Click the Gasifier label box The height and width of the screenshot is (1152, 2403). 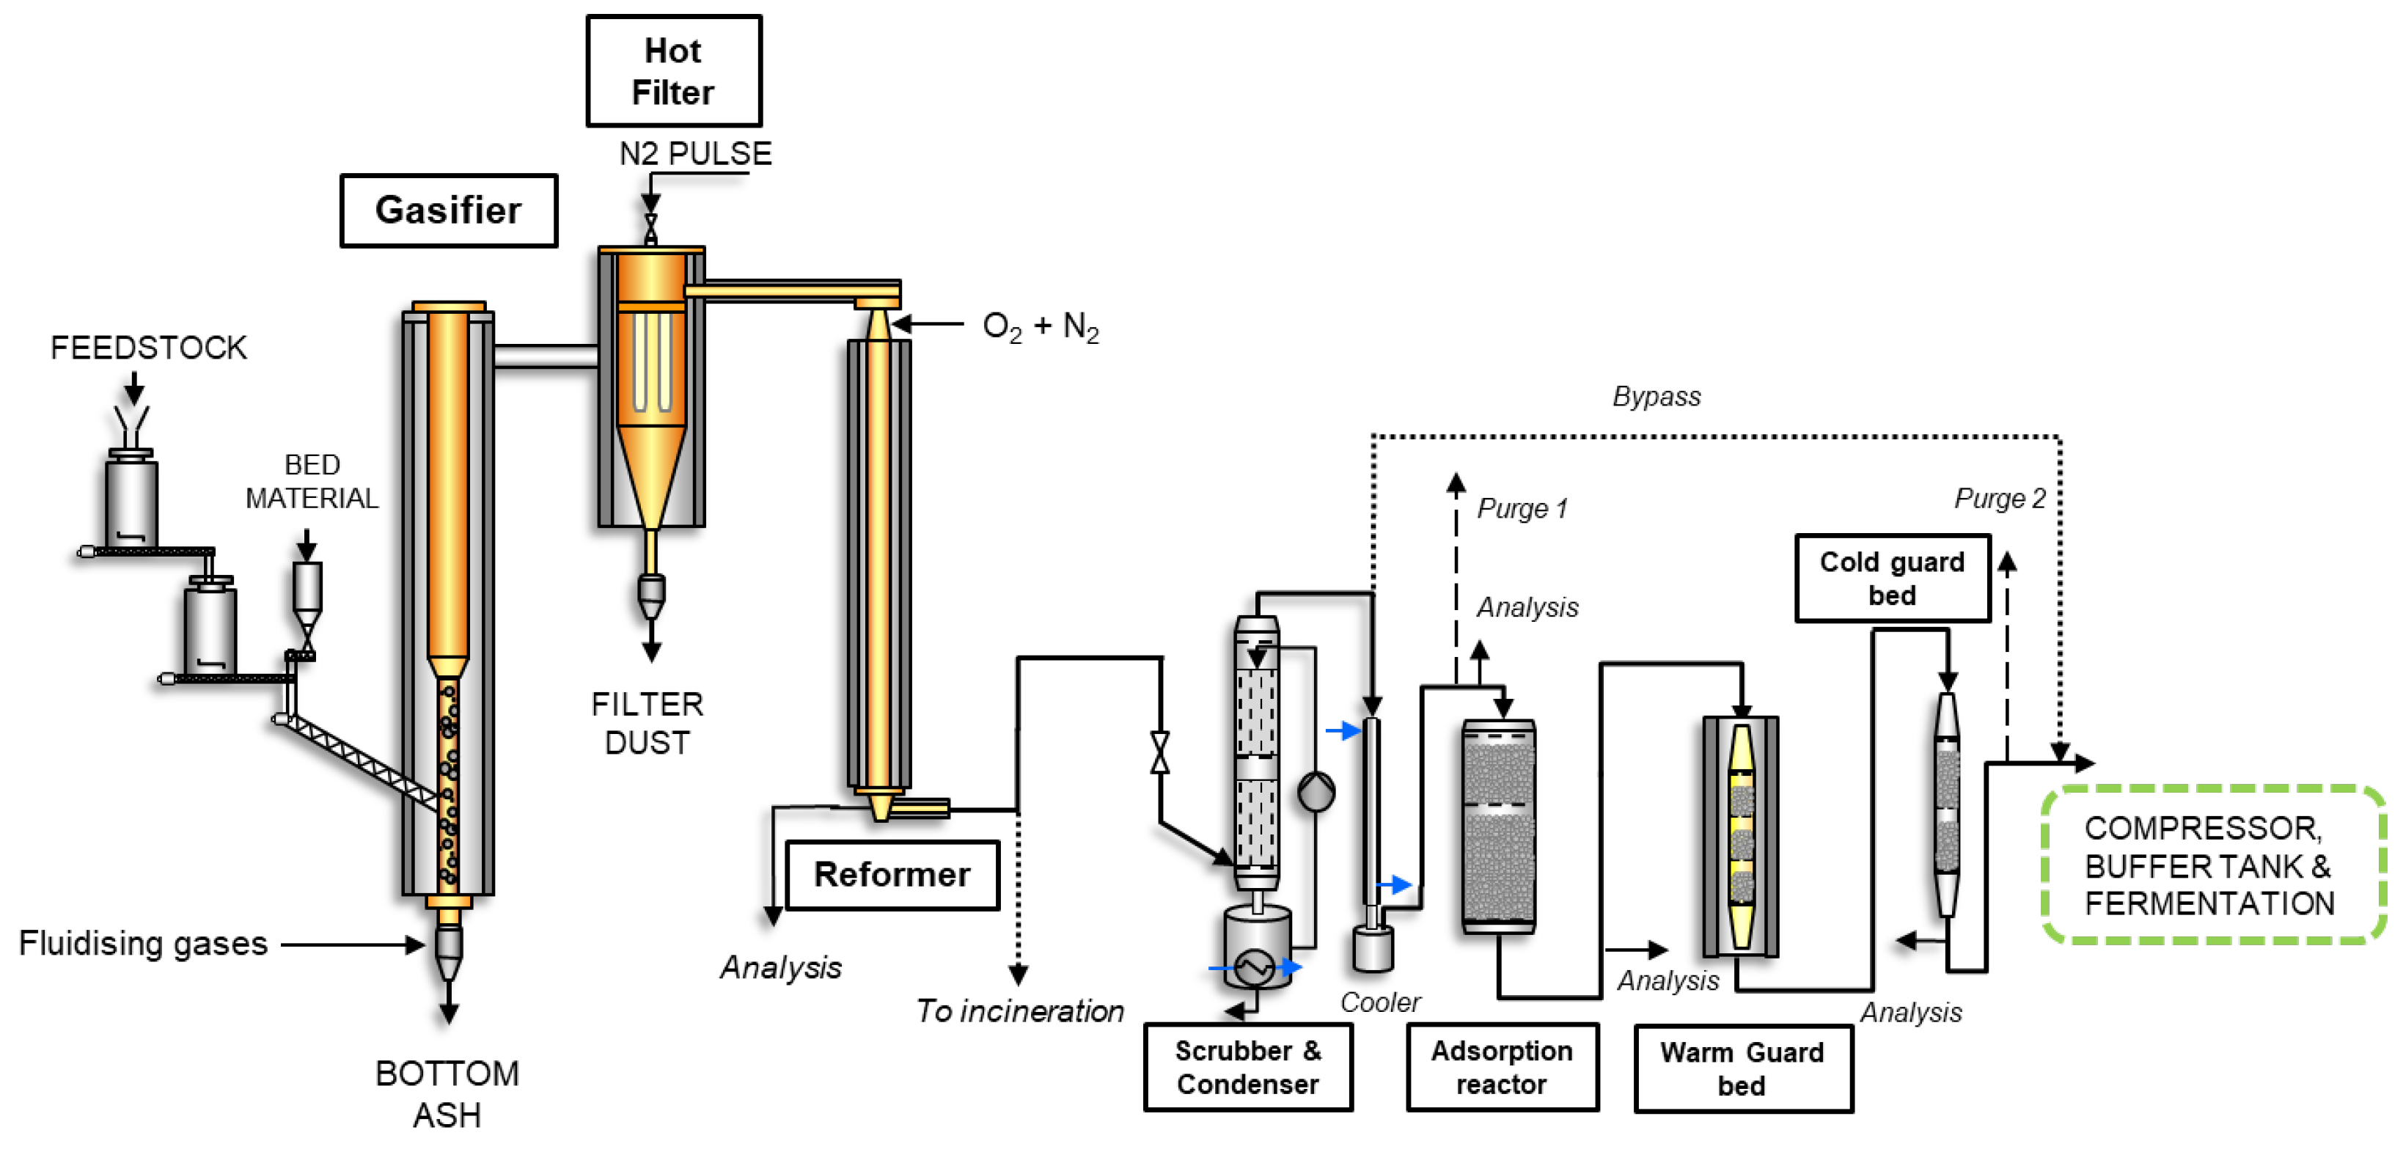click(x=449, y=210)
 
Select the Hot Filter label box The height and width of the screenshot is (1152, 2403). click(x=673, y=71)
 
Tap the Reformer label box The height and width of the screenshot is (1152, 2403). click(x=892, y=875)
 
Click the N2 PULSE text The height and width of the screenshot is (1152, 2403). click(x=696, y=153)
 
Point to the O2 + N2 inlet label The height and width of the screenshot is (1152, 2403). click(x=1040, y=326)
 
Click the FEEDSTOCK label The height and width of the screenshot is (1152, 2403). click(x=148, y=348)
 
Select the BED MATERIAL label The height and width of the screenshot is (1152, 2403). click(x=312, y=481)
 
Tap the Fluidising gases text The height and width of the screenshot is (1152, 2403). click(x=143, y=944)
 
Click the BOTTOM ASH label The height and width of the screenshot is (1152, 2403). click(x=447, y=1094)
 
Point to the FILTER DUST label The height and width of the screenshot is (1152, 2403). click(x=647, y=723)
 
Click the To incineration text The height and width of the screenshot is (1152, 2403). click(x=1019, y=1011)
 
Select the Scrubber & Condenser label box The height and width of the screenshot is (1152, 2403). click(x=1248, y=1067)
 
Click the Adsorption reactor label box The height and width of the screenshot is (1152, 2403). click(x=1502, y=1067)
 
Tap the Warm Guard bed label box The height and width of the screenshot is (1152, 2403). click(x=1742, y=1069)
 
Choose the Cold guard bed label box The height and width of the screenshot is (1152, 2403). click(x=1892, y=579)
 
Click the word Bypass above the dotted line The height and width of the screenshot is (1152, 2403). click(x=1656, y=397)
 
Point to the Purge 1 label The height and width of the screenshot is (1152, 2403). click(x=1522, y=508)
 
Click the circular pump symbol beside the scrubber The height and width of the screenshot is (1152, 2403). click(x=1316, y=792)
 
